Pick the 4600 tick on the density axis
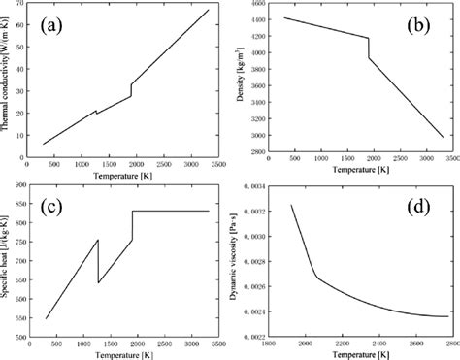[x=260, y=5]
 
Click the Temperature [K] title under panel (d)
[x=362, y=355]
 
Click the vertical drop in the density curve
[x=369, y=49]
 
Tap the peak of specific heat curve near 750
[x=98, y=239]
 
